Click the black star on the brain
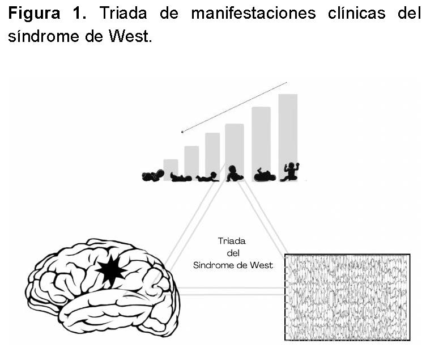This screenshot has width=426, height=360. [111, 270]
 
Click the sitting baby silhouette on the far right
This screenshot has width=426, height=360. [291, 172]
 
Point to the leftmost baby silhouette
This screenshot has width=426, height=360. [152, 176]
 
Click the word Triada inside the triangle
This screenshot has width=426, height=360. [232, 241]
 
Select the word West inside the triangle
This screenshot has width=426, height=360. [262, 265]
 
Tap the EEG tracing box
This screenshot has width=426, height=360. [347, 297]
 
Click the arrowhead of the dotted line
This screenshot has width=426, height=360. [182, 132]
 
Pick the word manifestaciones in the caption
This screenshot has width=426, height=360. [253, 14]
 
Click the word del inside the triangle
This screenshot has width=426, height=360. [232, 253]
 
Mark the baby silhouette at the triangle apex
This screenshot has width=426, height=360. [233, 173]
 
